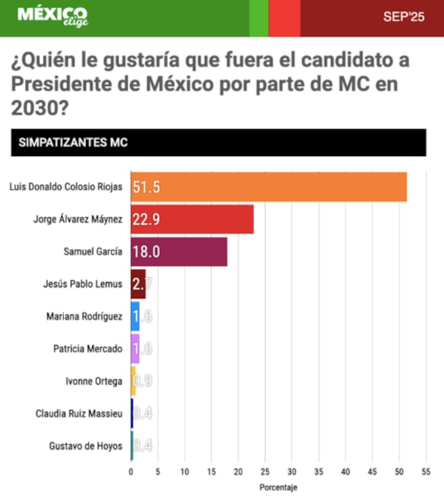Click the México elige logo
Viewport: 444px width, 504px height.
(52, 17)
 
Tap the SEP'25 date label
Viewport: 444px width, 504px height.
(403, 17)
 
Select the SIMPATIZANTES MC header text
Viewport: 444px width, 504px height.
(73, 143)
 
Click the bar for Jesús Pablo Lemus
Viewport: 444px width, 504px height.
(138, 284)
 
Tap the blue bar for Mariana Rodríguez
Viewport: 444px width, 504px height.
(135, 316)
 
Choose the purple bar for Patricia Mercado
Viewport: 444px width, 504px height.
(135, 349)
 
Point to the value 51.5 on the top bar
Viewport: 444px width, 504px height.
(147, 187)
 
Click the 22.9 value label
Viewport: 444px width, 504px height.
(147, 219)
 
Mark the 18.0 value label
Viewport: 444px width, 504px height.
(147, 252)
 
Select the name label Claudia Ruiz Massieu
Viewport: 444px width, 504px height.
(79, 414)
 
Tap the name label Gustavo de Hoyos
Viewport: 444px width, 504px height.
(85, 446)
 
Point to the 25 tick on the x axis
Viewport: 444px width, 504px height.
(265, 472)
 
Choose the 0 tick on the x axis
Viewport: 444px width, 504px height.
(131, 472)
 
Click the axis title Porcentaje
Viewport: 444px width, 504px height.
(279, 488)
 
